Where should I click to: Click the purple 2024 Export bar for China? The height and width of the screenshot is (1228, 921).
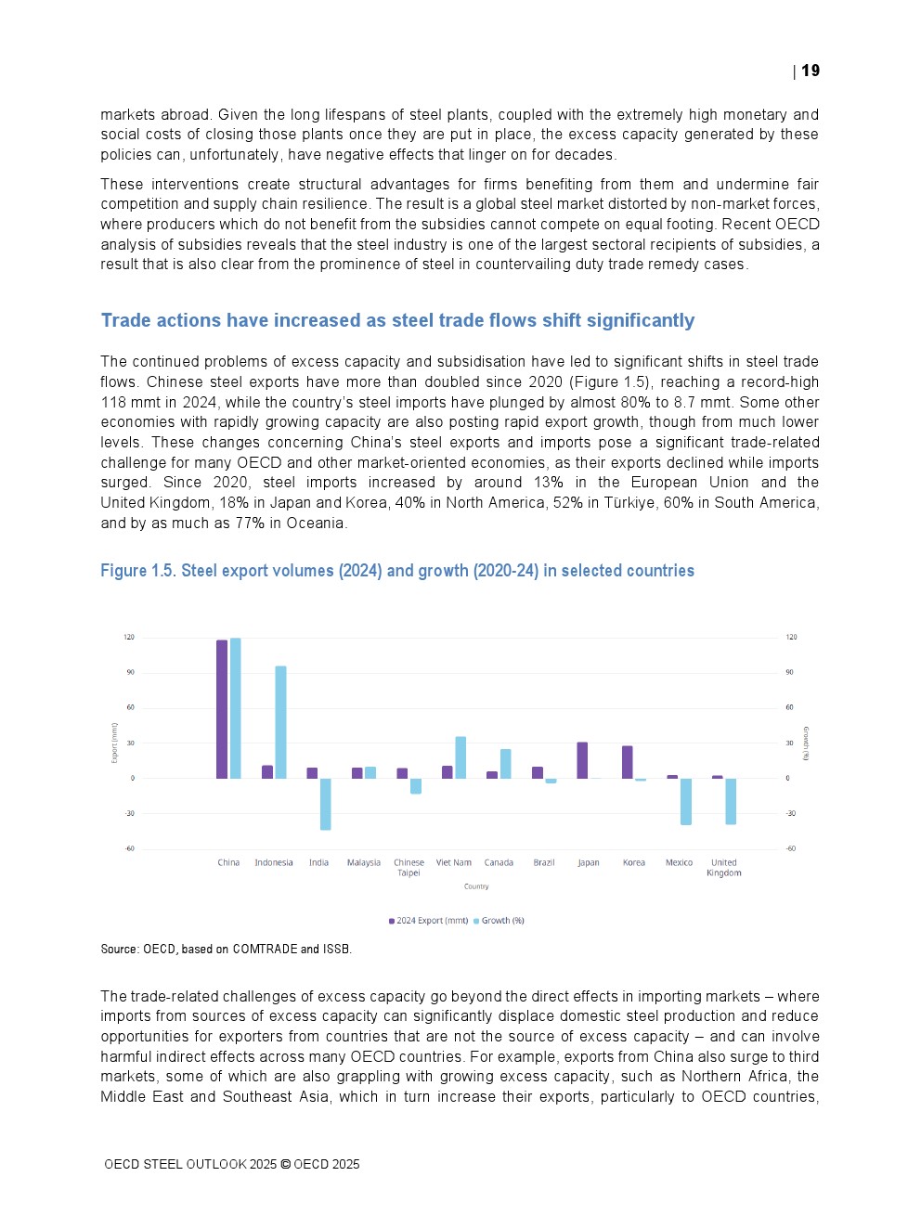click(222, 709)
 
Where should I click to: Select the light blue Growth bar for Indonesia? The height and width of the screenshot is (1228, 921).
click(280, 722)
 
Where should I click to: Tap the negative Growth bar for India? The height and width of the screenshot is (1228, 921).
click(326, 804)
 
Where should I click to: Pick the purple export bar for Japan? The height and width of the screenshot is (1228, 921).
click(582, 760)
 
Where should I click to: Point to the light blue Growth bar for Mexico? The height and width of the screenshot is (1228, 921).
click(686, 801)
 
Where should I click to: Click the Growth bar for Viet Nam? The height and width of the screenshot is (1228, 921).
click(460, 757)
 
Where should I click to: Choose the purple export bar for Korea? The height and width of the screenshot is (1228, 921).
click(628, 762)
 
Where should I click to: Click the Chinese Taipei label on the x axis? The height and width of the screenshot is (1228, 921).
click(409, 868)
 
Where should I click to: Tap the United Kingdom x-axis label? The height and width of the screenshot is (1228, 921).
click(724, 868)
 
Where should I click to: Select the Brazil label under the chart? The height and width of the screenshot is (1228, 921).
click(544, 863)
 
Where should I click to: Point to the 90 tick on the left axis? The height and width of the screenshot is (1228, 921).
click(130, 672)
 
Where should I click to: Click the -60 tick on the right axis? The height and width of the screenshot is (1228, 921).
click(791, 848)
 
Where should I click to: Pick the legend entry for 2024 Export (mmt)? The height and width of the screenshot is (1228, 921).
click(429, 921)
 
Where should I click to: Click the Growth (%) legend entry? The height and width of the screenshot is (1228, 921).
click(499, 921)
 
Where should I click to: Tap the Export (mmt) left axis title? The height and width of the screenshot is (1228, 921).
click(115, 743)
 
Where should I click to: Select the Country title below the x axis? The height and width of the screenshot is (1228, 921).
click(476, 886)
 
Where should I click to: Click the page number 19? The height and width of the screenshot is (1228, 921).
click(811, 71)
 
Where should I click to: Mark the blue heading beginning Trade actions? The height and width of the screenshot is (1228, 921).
click(397, 320)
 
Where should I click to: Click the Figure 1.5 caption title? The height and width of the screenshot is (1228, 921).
click(397, 571)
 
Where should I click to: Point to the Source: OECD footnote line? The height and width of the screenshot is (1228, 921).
click(227, 949)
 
